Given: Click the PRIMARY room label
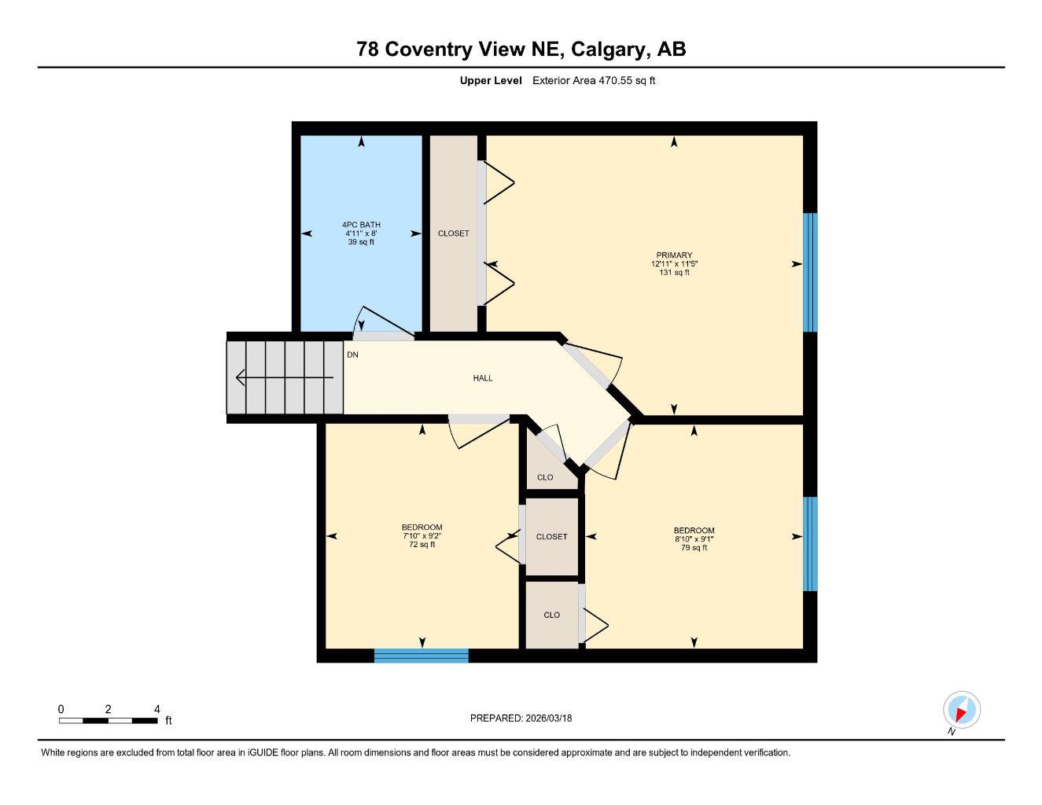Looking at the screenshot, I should pos(674,255).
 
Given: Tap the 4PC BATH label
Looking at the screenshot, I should pos(361,225).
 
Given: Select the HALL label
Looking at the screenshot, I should pos(483,378).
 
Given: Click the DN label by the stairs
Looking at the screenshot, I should pos(352,355).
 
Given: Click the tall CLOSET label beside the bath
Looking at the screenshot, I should pos(453,233).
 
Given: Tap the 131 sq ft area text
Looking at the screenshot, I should pos(674,273).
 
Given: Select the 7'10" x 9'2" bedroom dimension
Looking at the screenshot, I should pos(422,536).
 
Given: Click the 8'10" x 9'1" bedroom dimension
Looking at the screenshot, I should pos(694,539).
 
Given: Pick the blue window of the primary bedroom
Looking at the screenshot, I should pos(810,272).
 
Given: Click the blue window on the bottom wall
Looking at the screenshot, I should pos(421,656).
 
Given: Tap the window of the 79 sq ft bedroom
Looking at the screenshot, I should pos(810,543).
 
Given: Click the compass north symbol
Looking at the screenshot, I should pos(961,711).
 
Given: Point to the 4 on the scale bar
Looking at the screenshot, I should pos(156,709).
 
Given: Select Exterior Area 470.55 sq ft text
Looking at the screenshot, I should pos(594,80).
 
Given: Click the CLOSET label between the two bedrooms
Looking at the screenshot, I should pos(551,537).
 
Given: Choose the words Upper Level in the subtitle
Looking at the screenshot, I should pos(490,80).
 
